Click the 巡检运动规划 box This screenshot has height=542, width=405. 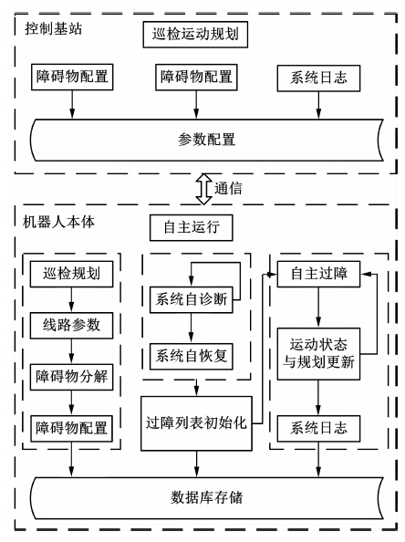coord(195,35)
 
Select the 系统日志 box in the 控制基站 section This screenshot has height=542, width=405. coord(318,78)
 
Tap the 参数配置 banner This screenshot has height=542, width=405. coord(207,140)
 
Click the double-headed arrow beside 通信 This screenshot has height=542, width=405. coord(203,189)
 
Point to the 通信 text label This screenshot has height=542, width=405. coord(228,189)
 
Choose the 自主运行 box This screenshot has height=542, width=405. coord(191,227)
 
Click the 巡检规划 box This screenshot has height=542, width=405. coord(71,274)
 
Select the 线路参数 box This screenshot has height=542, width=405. coord(71,326)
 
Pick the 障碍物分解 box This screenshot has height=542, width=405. coord(71,377)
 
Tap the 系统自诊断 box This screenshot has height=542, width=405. coord(191,299)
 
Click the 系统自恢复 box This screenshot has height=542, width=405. coord(191,357)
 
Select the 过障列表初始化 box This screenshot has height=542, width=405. coord(196,423)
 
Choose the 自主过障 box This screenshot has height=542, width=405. coord(318,274)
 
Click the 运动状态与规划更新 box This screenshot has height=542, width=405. coord(318,354)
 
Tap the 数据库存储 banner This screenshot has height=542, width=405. coord(207,498)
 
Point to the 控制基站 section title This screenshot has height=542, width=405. coord(54,28)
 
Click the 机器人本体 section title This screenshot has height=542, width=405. coord(58,222)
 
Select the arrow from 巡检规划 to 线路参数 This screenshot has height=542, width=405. coord(71,299)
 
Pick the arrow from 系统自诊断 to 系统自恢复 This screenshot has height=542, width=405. coord(191,328)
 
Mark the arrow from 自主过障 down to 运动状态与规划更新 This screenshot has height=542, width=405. coord(318,307)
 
